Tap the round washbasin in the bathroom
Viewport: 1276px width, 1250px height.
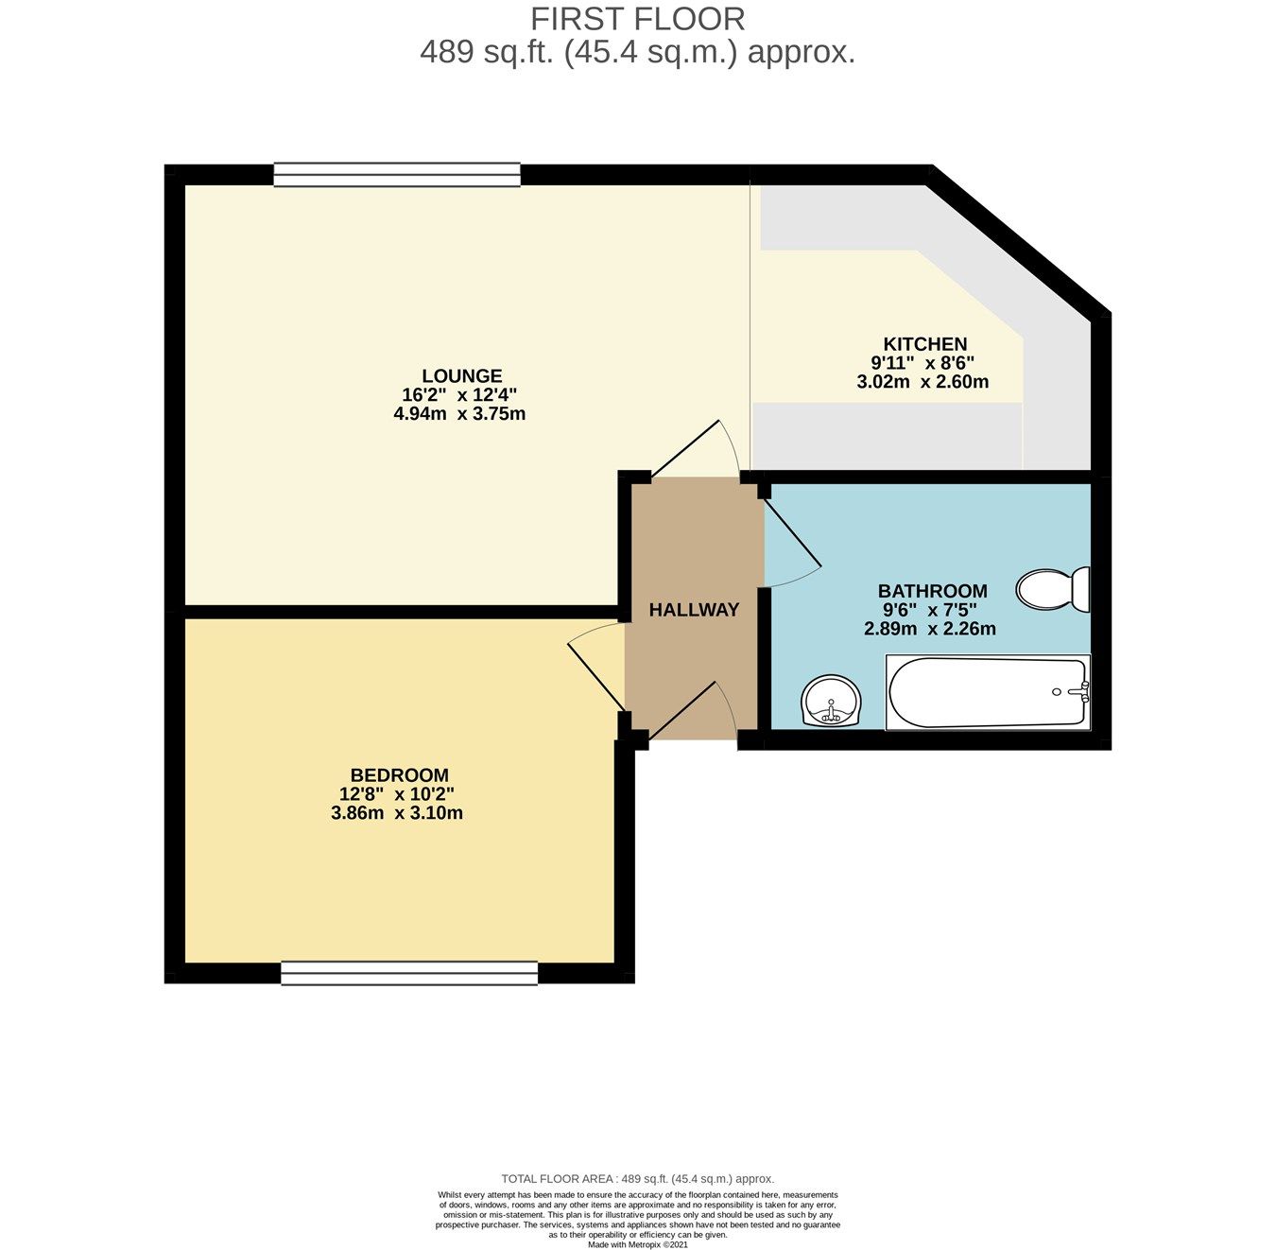pos(831,702)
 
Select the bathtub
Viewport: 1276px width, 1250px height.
pos(987,693)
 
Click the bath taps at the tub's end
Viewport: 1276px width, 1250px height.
pos(1080,692)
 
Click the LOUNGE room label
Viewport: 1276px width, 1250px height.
pos(461,375)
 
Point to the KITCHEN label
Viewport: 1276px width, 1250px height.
pos(924,344)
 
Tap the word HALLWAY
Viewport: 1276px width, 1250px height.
pos(694,610)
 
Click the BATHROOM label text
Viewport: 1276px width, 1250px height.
pos(932,591)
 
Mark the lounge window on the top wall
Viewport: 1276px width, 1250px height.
pos(397,174)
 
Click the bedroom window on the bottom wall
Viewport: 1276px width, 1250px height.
pos(409,973)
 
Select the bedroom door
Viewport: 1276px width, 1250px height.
pos(595,668)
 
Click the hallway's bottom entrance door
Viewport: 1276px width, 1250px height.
pos(693,711)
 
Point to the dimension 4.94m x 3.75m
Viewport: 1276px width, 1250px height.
pos(459,413)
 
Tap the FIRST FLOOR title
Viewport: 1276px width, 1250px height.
pos(637,19)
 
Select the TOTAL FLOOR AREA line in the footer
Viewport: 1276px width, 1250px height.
pos(637,1178)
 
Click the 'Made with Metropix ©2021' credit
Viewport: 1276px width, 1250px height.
pos(637,1244)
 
